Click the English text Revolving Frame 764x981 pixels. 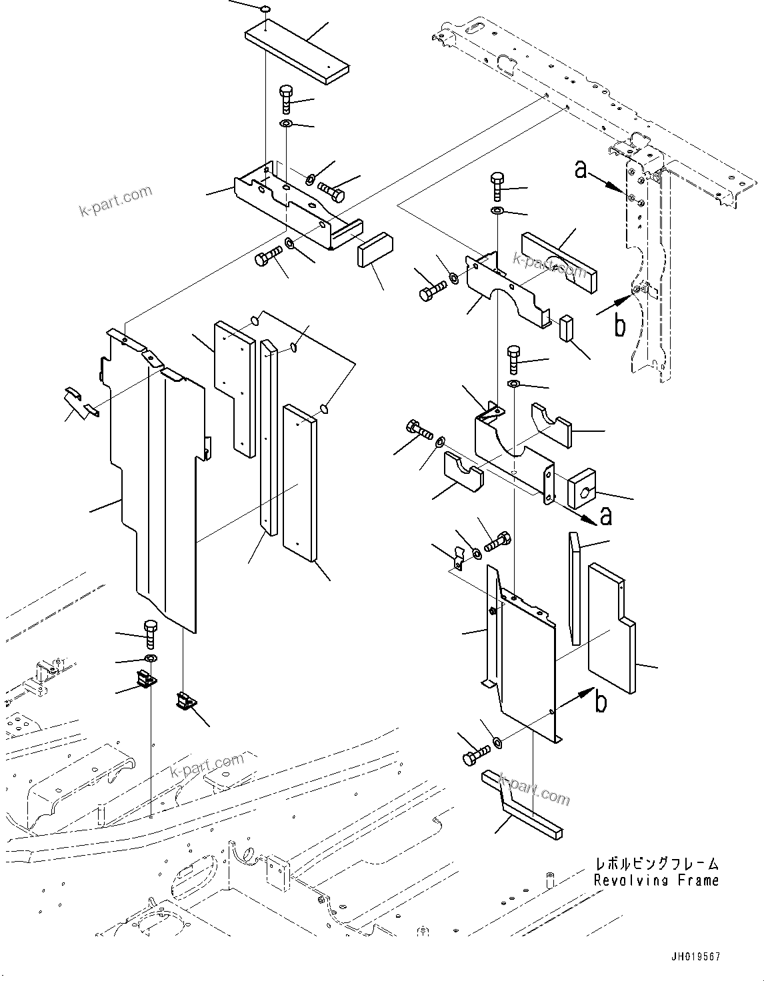pyautogui.click(x=656, y=880)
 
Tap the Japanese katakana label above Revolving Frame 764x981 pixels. pyautogui.click(x=657, y=864)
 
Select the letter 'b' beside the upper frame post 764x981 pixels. pyautogui.click(x=619, y=326)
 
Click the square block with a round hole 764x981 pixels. pyautogui.click(x=584, y=492)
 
